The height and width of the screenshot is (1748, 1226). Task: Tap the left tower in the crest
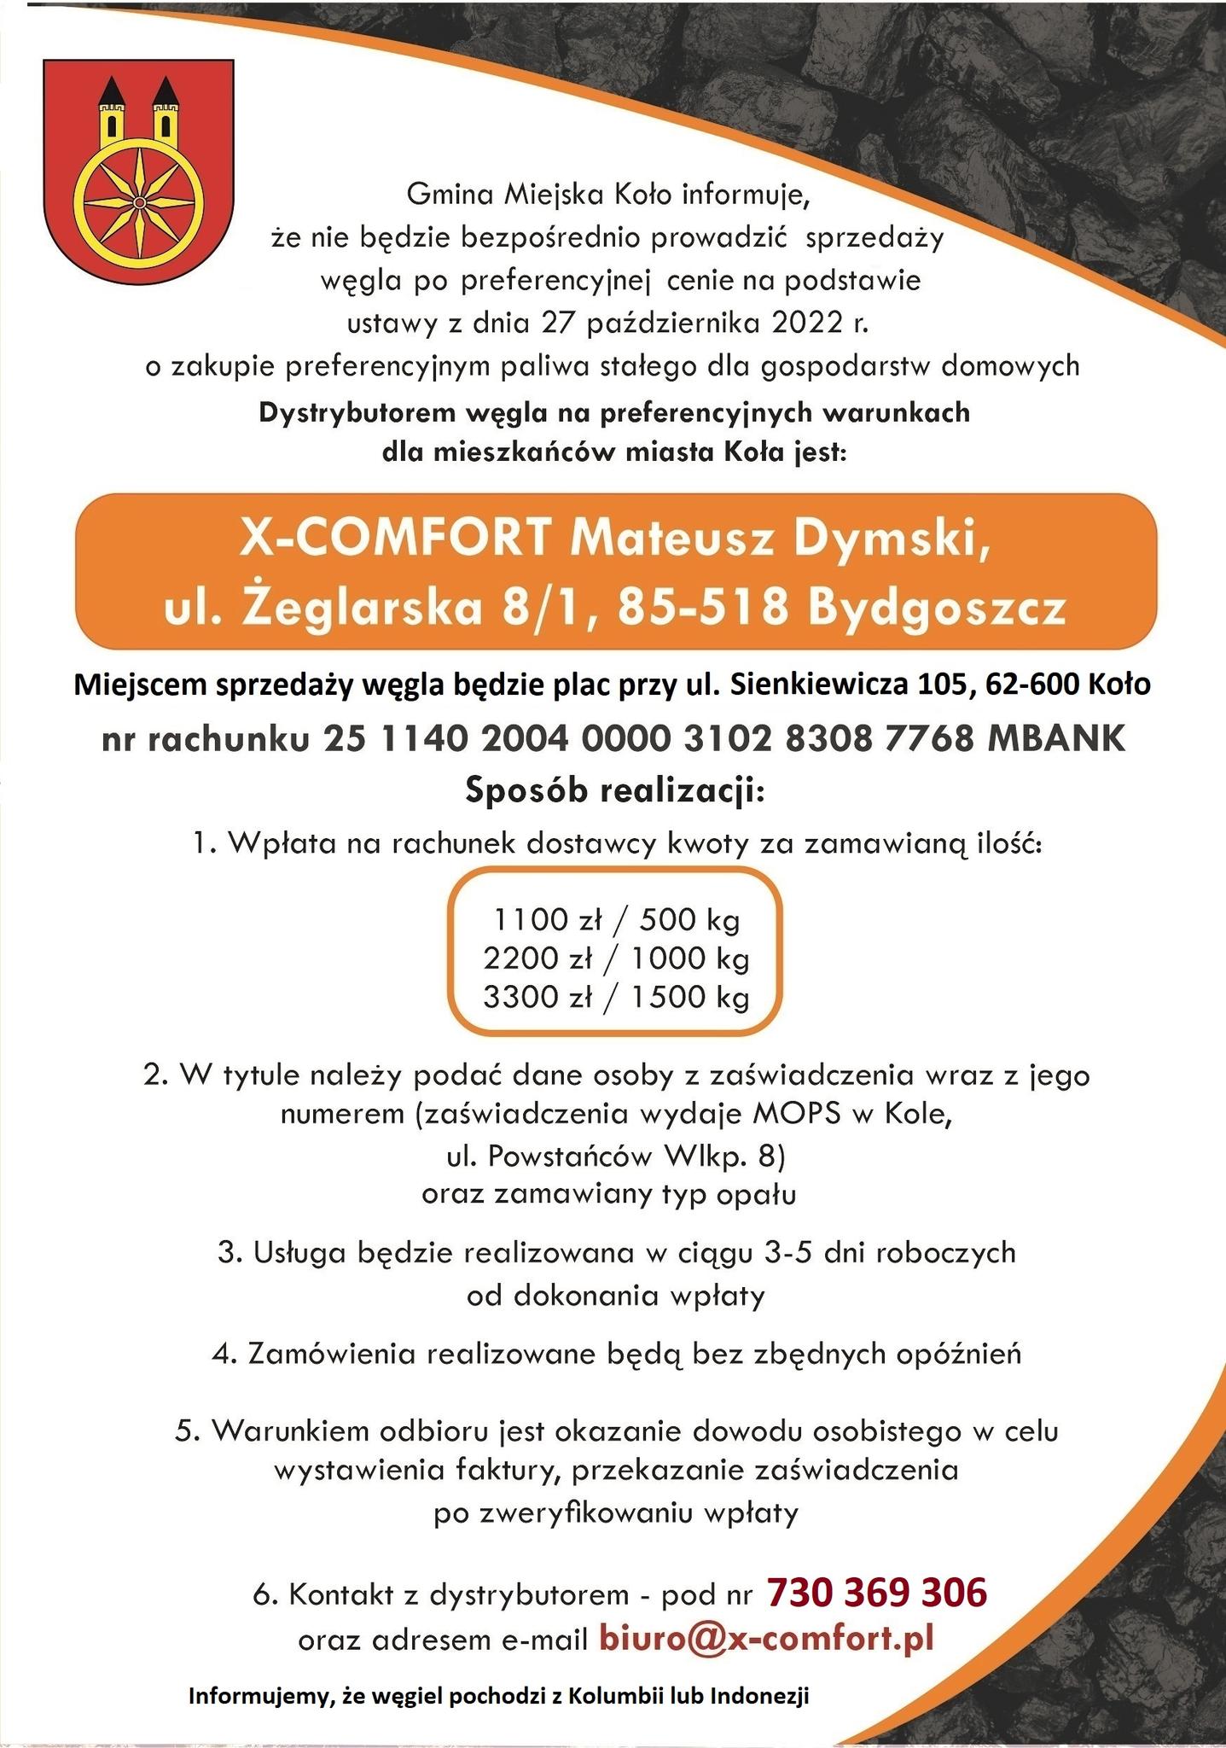(x=110, y=112)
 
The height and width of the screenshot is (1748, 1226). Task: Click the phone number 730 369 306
(x=876, y=1591)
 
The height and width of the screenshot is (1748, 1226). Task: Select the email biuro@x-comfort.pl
(x=766, y=1637)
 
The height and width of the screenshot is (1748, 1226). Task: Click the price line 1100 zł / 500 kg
(x=616, y=919)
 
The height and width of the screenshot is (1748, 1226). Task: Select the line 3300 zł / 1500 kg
(x=616, y=997)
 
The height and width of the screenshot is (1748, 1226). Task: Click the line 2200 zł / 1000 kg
(x=616, y=958)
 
